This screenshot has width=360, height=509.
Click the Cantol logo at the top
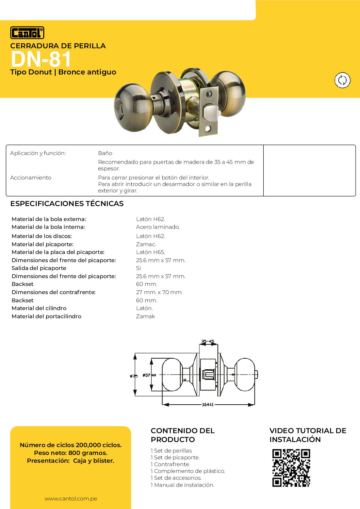[27, 33]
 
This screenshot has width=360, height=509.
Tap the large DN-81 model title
[41, 59]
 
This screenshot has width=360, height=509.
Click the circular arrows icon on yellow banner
[342, 80]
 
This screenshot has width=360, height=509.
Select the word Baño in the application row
[105, 153]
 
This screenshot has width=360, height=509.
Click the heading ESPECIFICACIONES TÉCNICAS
[67, 204]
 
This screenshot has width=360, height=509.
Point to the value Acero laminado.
[158, 227]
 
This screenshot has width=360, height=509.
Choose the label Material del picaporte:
[43, 244]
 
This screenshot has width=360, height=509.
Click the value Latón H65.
[150, 252]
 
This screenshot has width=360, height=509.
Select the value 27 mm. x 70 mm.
[159, 292]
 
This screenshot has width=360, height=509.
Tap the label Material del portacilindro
[47, 317]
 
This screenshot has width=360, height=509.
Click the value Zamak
[145, 317]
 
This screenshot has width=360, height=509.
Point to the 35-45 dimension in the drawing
[208, 341]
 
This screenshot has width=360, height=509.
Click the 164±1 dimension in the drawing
[208, 405]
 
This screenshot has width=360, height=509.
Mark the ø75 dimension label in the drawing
[134, 376]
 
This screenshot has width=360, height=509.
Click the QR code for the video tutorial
[291, 468]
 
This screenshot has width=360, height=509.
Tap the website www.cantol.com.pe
[71, 499]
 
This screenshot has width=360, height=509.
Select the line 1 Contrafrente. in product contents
[170, 464]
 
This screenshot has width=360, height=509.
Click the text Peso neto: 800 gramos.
[71, 453]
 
